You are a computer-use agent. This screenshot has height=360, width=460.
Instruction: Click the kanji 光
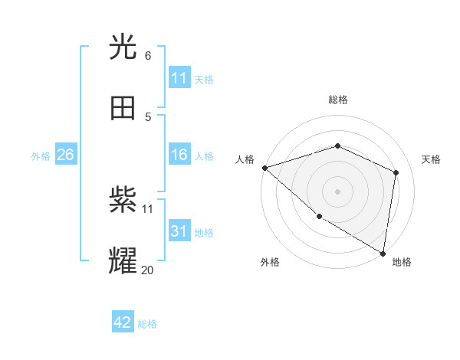point(123,47)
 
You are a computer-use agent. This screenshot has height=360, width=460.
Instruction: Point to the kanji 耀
point(123,260)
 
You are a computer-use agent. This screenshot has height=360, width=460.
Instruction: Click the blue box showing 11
point(179,78)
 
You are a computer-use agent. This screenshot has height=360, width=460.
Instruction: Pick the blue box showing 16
point(179,155)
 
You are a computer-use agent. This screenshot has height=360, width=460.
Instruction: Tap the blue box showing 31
point(179,231)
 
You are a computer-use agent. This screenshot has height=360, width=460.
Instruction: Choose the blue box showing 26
point(65,155)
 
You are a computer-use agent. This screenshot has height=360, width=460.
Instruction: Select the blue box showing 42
point(123,322)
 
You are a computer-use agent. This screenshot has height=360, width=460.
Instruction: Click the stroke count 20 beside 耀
point(147,269)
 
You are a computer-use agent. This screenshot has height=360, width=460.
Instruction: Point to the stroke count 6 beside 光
point(147,55)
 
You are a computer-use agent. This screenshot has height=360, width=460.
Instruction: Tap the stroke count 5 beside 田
point(147,116)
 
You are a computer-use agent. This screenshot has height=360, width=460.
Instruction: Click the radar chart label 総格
point(337,100)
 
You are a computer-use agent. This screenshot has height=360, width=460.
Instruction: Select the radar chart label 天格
point(431,159)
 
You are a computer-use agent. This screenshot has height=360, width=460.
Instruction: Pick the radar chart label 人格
point(245,159)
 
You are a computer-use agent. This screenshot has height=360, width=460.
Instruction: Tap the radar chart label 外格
point(270,262)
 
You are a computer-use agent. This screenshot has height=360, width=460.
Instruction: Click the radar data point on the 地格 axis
point(383,253)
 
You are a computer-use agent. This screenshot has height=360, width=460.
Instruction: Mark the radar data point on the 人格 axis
point(264,168)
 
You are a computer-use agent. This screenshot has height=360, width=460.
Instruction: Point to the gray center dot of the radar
point(337,191)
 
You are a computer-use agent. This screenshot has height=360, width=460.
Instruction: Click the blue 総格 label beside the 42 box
point(147,324)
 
